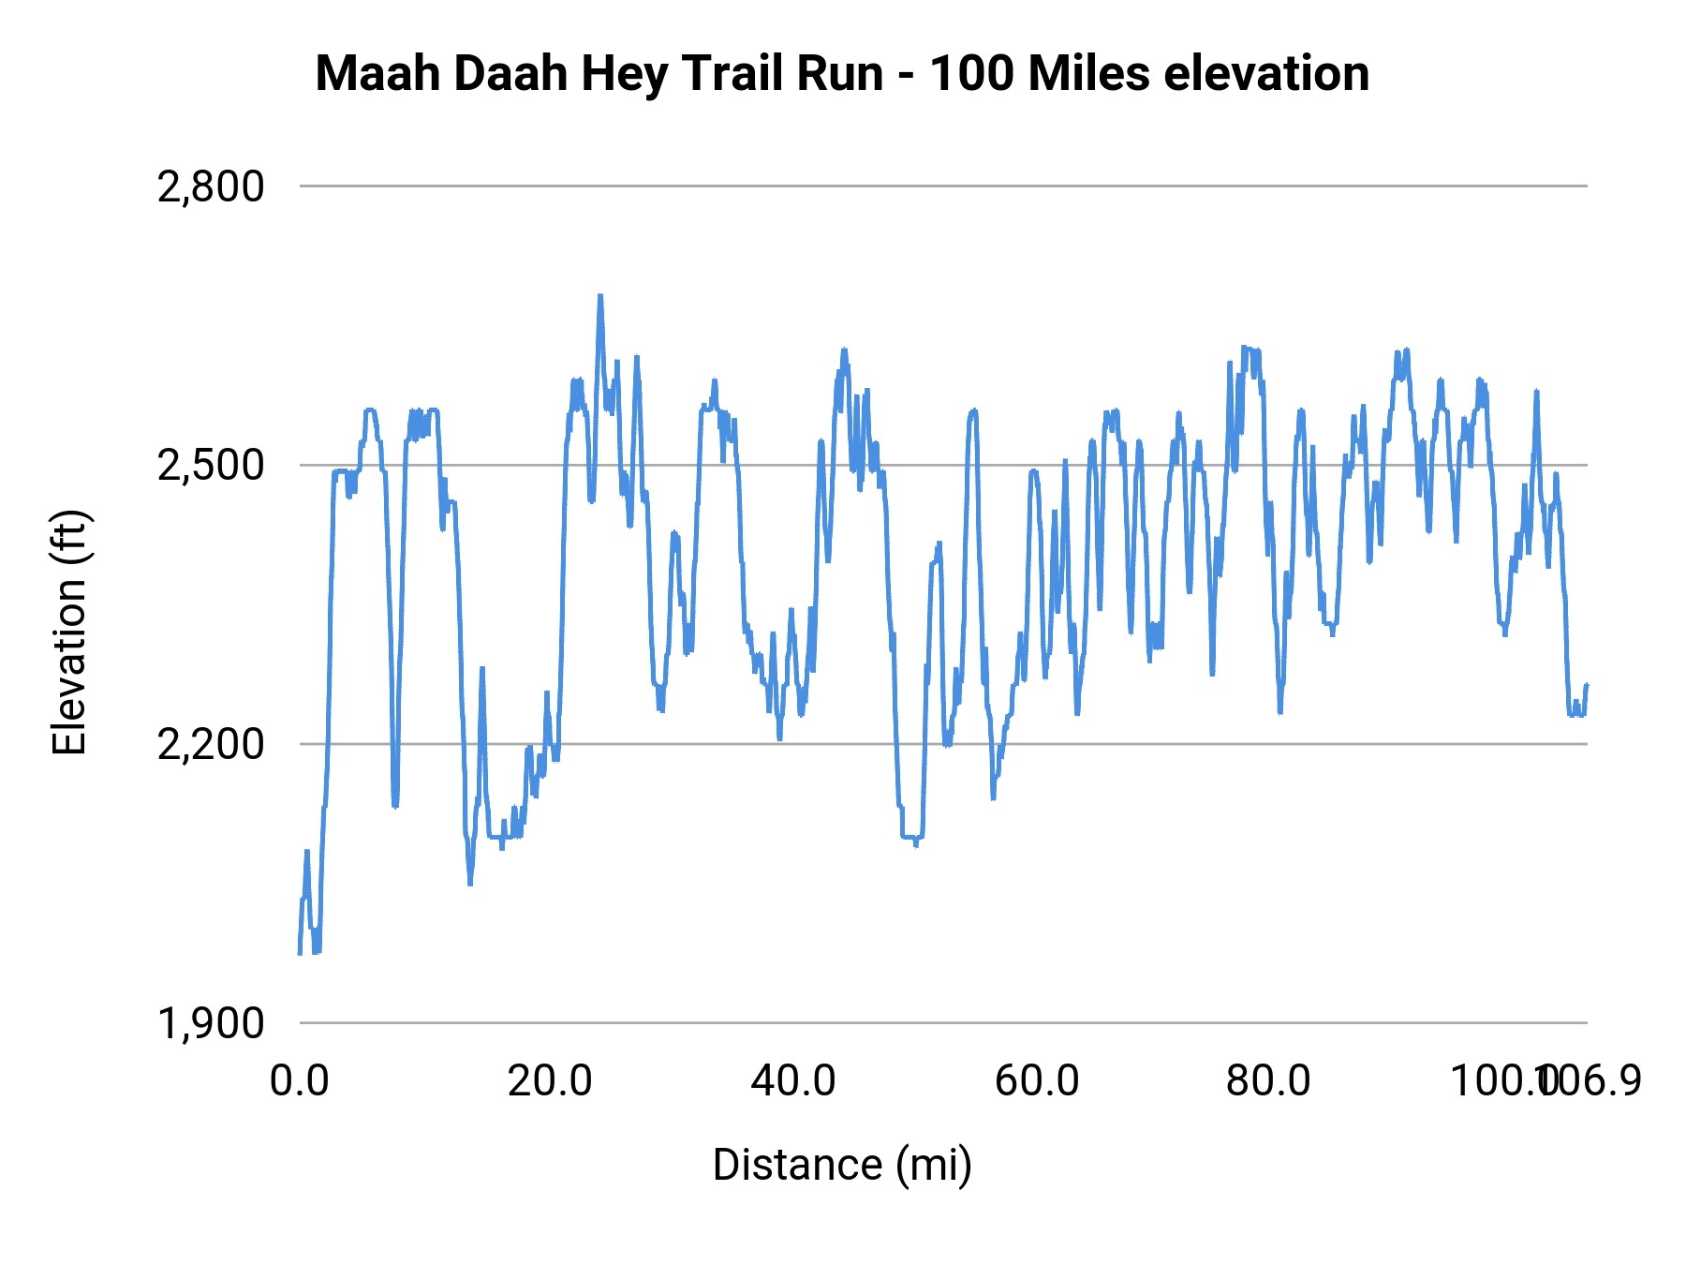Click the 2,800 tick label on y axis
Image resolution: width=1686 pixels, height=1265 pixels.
click(x=211, y=186)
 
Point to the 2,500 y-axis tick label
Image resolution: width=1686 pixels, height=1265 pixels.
click(x=211, y=465)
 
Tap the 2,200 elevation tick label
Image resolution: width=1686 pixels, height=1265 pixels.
click(x=211, y=744)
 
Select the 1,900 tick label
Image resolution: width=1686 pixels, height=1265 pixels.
click(x=211, y=1023)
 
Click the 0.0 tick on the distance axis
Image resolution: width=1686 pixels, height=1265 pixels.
click(x=300, y=1080)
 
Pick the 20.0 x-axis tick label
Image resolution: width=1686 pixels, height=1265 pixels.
click(x=550, y=1080)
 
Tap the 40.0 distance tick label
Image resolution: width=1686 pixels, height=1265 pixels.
click(x=793, y=1080)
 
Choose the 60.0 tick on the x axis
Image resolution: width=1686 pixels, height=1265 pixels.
click(x=1036, y=1080)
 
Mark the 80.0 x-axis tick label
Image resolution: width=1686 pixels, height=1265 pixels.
click(x=1268, y=1080)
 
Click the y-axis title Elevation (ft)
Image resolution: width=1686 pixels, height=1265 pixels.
click(x=69, y=632)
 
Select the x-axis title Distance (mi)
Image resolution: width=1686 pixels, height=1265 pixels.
click(x=842, y=1165)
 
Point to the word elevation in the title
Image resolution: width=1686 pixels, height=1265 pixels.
click(x=1265, y=73)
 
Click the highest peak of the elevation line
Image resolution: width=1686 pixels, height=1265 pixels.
click(x=600, y=297)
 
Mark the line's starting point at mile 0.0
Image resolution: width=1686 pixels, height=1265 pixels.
click(x=300, y=953)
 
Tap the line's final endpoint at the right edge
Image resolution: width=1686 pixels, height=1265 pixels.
click(x=1587, y=685)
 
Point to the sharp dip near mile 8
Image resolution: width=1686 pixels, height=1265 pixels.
click(x=395, y=804)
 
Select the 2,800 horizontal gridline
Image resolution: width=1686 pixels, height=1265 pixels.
click(x=937, y=186)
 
